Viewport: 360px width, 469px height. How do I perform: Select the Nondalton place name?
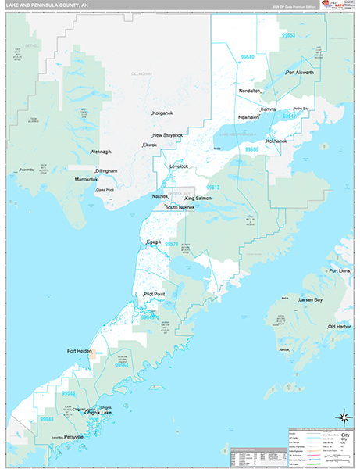[x=250, y=91]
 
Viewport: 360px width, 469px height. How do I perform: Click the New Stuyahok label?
[x=168, y=135]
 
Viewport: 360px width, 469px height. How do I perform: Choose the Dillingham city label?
[x=106, y=170]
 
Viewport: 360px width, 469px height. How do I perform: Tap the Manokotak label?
[x=86, y=179]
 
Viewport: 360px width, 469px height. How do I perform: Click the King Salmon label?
[x=198, y=199]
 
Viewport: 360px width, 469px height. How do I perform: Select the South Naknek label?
[x=180, y=207]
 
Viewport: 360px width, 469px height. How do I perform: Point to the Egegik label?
[x=154, y=242]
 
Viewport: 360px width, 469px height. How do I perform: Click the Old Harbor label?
[x=341, y=326]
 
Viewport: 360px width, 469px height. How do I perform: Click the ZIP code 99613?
[x=213, y=188]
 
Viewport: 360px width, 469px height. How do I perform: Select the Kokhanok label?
[x=276, y=141]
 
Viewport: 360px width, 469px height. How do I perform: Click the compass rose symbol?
[x=341, y=417]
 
